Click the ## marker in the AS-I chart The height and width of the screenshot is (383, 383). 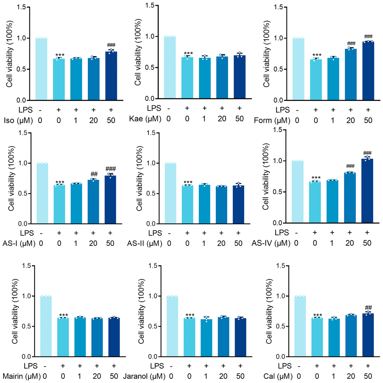94,174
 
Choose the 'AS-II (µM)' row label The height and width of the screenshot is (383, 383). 144,243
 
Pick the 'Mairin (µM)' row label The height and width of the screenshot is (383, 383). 22,376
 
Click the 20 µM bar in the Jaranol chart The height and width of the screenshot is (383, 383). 223,337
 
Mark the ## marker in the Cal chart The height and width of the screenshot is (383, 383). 368,308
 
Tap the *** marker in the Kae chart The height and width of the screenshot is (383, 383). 188,53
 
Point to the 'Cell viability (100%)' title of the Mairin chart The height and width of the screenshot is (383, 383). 15,311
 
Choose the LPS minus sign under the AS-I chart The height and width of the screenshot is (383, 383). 41,233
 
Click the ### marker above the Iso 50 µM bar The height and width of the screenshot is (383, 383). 111,45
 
